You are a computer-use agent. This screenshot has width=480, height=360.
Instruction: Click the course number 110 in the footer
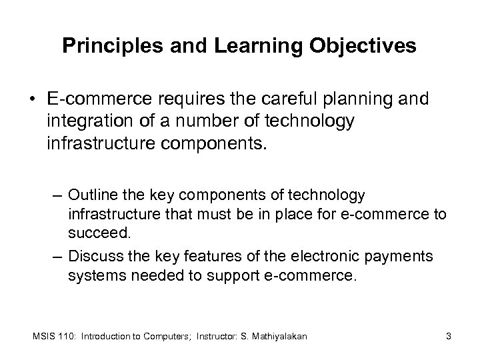click(x=67, y=337)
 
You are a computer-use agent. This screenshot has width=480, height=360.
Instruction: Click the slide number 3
click(x=449, y=337)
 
